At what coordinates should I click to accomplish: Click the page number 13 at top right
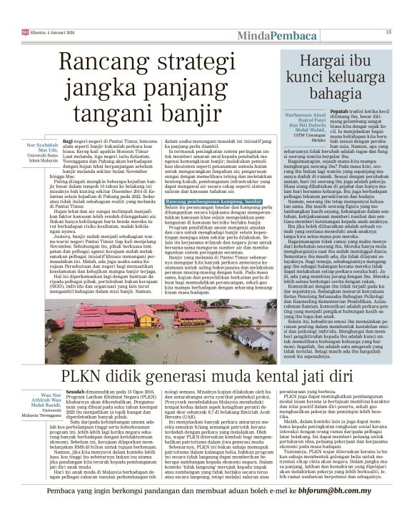389,31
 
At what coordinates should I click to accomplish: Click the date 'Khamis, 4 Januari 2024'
50,31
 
